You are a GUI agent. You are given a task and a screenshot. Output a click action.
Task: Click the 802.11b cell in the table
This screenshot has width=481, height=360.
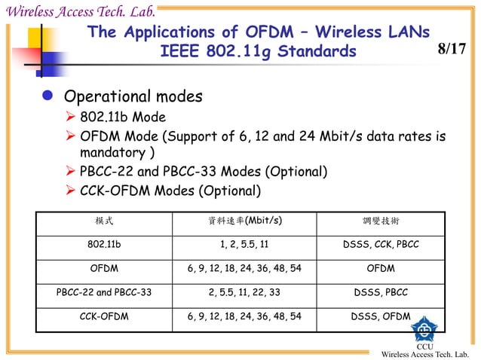[x=104, y=245]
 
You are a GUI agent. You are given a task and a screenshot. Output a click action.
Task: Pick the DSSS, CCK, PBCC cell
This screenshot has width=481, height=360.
[x=381, y=245]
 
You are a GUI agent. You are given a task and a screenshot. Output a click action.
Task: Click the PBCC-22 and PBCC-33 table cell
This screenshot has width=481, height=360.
[x=104, y=292]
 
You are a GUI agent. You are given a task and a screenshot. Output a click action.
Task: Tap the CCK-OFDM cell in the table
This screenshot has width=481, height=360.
[x=104, y=316]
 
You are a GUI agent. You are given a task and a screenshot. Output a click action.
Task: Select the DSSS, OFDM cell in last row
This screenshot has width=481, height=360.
[x=381, y=316]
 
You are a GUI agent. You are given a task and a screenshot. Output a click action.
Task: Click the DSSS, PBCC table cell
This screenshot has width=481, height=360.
[x=381, y=292]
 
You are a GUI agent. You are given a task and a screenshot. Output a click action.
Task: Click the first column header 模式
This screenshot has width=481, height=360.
[x=104, y=221]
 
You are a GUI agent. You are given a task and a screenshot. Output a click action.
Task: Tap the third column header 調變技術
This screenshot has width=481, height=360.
[x=381, y=221]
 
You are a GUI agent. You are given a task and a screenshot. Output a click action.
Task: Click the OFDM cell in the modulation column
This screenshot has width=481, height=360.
[x=381, y=268]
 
